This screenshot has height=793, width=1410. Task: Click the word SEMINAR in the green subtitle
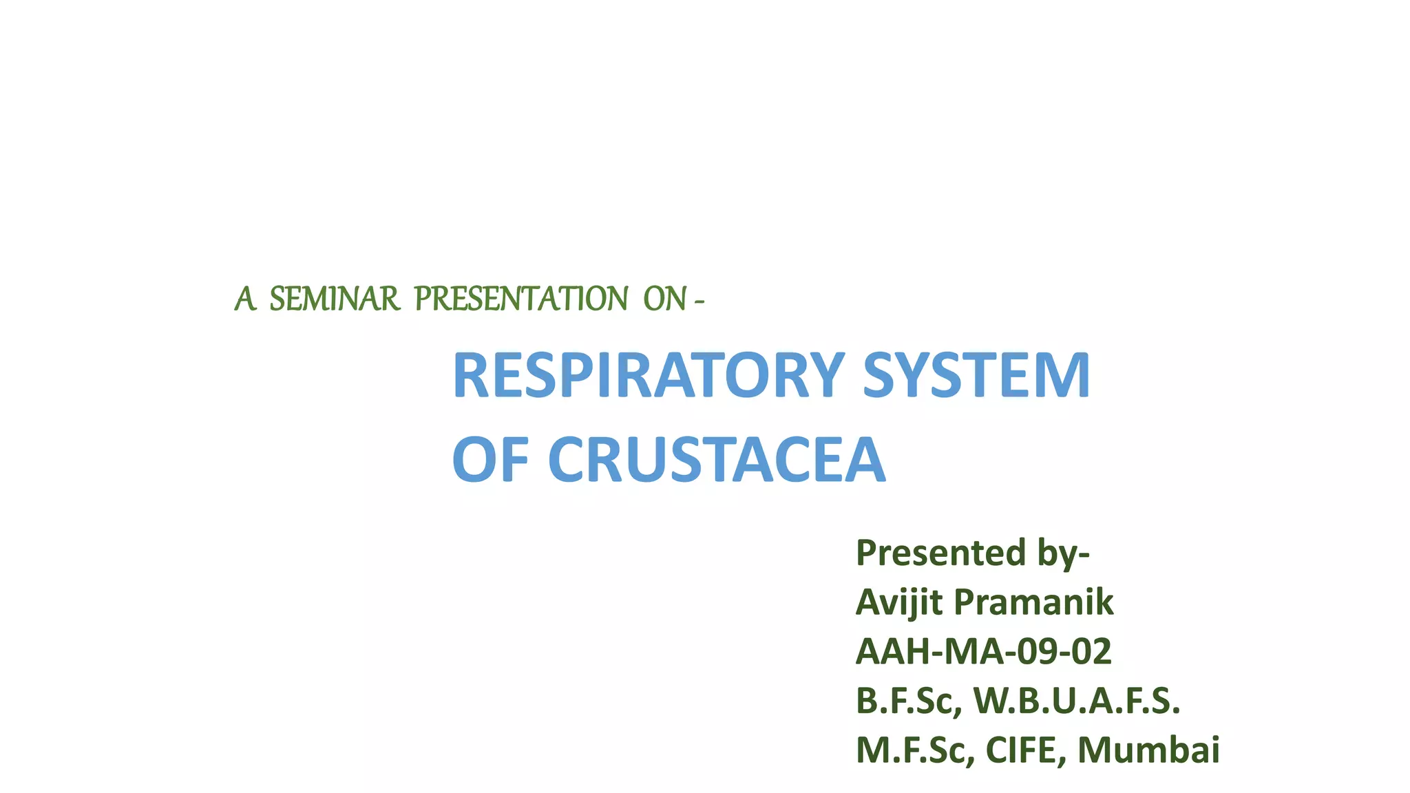(x=334, y=299)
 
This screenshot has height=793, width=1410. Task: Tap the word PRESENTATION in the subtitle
(x=520, y=299)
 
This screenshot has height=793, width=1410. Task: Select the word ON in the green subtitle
(x=664, y=299)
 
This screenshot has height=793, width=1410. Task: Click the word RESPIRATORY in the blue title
(x=648, y=376)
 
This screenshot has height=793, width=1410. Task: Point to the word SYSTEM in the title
(x=976, y=376)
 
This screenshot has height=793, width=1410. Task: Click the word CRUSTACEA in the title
(x=716, y=460)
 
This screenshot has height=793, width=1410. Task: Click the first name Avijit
(x=899, y=602)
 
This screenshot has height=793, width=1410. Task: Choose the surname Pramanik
(x=1033, y=602)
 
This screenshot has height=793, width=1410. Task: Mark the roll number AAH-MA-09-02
(x=983, y=651)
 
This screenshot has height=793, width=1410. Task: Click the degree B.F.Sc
(x=908, y=701)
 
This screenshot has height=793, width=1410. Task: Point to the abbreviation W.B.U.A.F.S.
(x=1077, y=701)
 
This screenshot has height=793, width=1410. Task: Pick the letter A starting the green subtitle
(x=244, y=299)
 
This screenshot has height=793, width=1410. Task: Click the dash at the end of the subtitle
(x=699, y=301)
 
